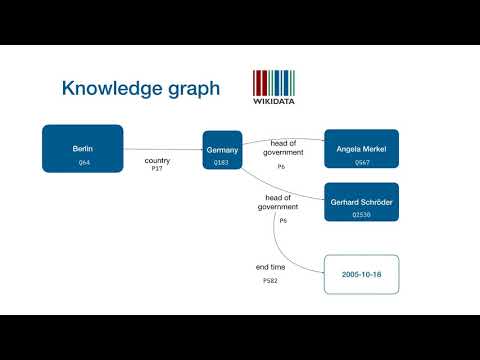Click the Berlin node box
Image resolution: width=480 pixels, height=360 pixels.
(x=83, y=148)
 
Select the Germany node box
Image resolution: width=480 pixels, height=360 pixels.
(x=222, y=151)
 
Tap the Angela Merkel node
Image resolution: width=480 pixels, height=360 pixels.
(x=361, y=148)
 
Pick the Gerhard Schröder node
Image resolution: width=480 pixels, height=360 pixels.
(x=361, y=203)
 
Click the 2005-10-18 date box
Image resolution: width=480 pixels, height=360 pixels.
(x=361, y=273)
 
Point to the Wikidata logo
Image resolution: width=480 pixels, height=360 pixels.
(x=274, y=86)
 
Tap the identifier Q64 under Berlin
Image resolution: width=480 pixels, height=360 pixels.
(x=83, y=162)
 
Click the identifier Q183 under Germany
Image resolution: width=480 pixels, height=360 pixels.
(x=222, y=161)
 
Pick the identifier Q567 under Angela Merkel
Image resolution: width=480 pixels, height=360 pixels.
(x=361, y=161)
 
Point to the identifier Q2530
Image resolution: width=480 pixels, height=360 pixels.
(x=361, y=215)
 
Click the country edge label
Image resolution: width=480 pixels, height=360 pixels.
(x=157, y=160)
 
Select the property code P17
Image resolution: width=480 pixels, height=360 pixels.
(x=157, y=169)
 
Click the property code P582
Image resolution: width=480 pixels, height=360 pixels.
(x=270, y=282)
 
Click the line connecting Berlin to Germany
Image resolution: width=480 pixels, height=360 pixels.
(x=160, y=150)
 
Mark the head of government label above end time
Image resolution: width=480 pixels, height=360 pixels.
(x=278, y=202)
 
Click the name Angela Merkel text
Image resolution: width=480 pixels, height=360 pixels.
(x=361, y=148)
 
